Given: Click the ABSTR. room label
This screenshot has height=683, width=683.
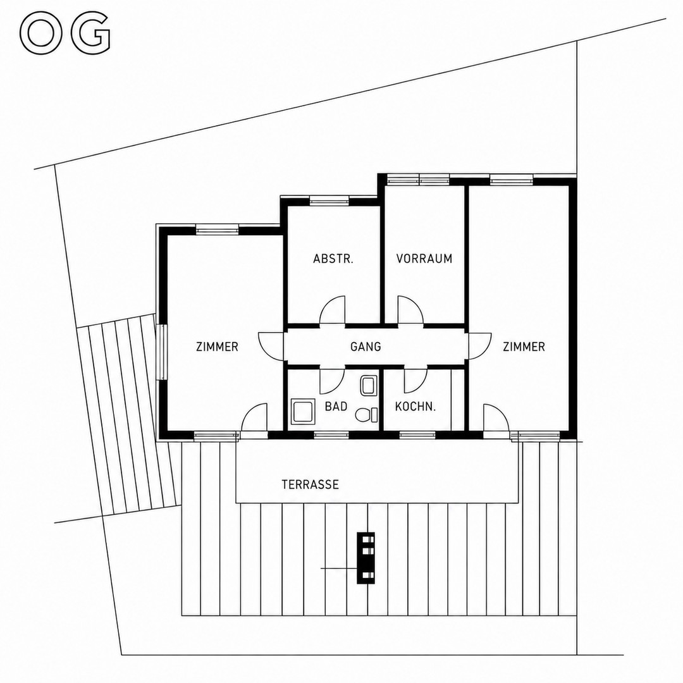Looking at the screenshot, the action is coord(333,259).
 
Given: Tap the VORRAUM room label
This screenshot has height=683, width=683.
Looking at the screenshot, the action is coord(424,259).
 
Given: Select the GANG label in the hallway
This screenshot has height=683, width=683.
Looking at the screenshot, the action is coord(366,347).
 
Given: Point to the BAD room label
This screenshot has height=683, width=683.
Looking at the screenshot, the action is coord(336,407).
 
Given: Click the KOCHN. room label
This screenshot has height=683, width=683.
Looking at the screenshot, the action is coord(415,407).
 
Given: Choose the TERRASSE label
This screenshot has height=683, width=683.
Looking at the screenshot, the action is coord(310,485).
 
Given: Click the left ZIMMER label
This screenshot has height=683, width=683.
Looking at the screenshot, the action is coord(218,347).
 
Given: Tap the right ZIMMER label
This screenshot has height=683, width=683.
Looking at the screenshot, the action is coord(524,347).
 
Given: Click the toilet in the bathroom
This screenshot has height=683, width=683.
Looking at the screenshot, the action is coord(367,415).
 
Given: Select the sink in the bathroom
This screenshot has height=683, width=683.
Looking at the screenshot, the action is coord(369,386).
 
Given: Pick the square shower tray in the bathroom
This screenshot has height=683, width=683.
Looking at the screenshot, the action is coord(303,412).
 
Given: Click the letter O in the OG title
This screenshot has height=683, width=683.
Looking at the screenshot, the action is coord(41,33).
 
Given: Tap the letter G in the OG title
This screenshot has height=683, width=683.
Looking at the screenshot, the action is coord(90,33).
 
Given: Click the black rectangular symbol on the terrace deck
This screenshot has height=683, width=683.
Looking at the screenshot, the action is coord(366,558).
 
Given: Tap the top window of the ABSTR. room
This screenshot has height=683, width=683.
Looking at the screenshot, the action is coord(329,200).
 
